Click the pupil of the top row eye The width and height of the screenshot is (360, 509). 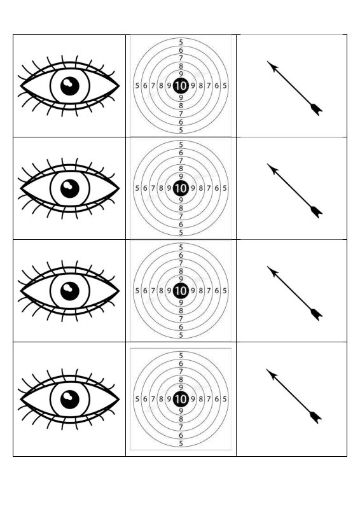point(70,86)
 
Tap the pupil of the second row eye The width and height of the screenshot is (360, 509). point(70,188)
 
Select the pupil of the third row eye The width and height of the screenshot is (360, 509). point(70,291)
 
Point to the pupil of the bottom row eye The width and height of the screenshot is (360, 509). point(70,400)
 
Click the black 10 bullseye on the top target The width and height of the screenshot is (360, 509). point(181,86)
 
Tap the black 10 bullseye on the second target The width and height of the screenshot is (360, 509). point(181,188)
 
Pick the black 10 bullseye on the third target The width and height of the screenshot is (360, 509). point(181,291)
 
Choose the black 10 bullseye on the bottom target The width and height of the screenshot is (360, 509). point(181,399)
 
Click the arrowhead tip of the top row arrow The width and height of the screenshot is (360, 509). point(267,61)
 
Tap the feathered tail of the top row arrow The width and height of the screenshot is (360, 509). point(317,109)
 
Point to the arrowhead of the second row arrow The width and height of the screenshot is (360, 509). point(273,169)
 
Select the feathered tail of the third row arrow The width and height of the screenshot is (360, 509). point(317,314)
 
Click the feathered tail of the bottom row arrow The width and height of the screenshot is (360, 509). point(315,417)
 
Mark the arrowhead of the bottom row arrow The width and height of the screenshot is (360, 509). point(272,374)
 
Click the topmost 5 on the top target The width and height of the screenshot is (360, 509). point(181,42)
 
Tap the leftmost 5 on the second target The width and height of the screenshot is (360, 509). point(137,188)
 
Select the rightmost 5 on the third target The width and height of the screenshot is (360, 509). point(225,291)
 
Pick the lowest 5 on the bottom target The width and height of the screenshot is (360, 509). point(181,443)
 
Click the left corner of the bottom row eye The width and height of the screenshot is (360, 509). point(20,400)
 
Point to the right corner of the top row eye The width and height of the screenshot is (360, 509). point(120,86)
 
